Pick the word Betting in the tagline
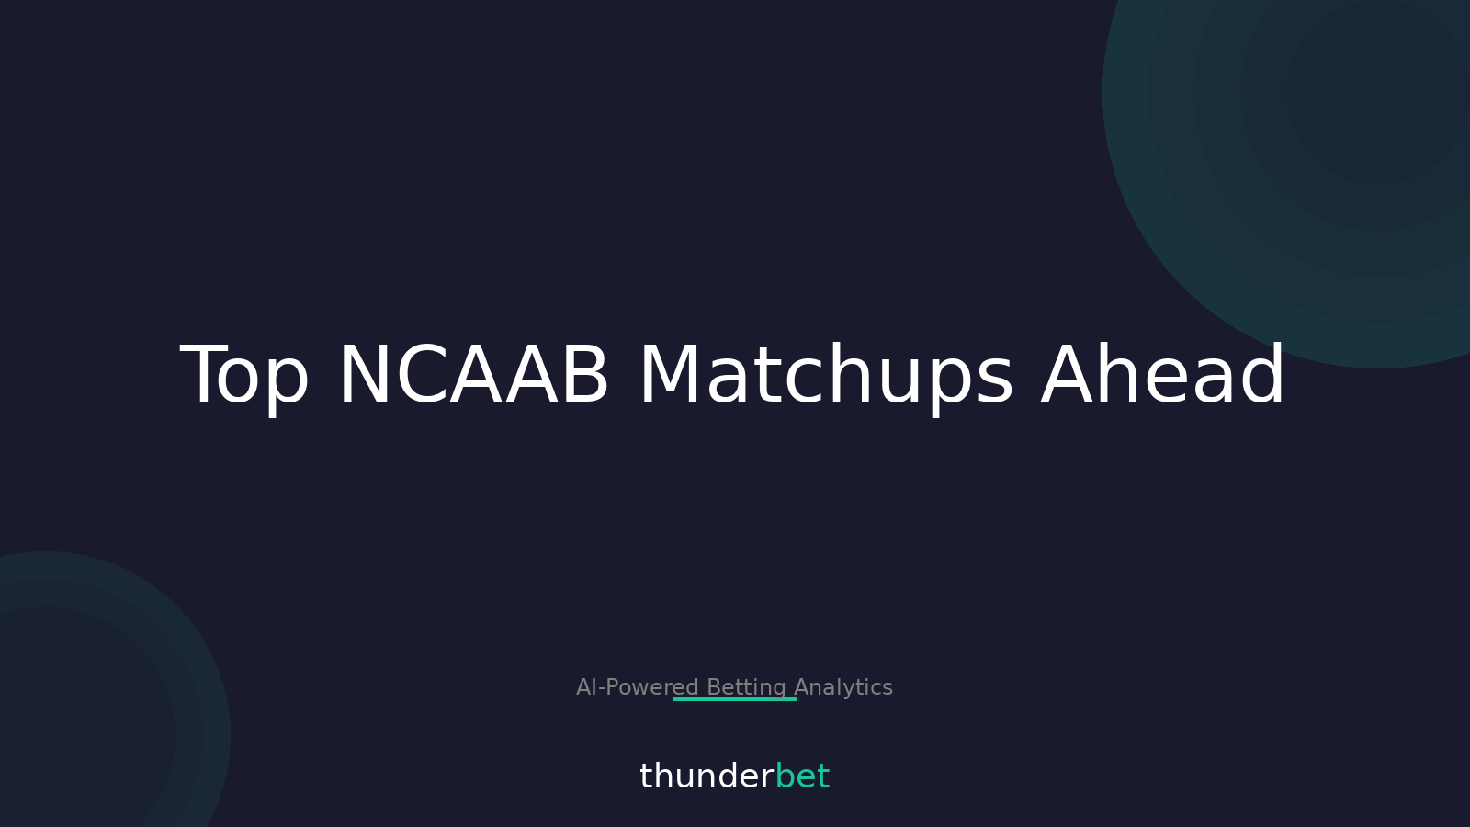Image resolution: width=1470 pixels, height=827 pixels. pos(746,687)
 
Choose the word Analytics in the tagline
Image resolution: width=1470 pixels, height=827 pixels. pos(843,687)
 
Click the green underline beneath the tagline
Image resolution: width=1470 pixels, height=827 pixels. pos(735,699)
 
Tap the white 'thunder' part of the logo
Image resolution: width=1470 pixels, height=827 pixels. pos(706,776)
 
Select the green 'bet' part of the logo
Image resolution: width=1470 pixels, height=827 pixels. pos(802,776)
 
